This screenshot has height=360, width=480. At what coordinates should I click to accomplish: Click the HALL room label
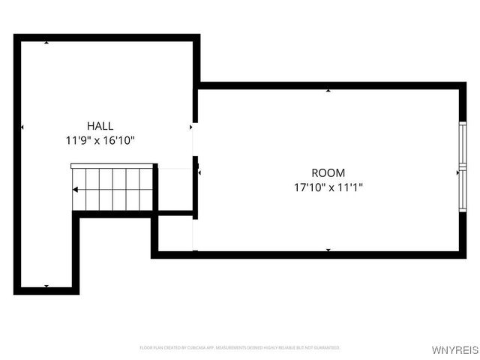pos(100,126)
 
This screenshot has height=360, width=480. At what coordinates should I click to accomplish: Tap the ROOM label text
pos(328,173)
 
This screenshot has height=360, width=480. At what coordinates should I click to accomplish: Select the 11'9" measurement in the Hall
pos(78,140)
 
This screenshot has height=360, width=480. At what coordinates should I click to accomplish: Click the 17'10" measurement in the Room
pos(307,187)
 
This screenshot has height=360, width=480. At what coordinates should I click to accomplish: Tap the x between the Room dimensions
pos(330,187)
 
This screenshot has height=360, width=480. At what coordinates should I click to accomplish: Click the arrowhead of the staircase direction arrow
pos(75,189)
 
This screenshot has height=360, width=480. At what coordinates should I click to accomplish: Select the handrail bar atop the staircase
pos(112,166)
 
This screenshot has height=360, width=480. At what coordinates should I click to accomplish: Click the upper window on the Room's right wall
pos(463,145)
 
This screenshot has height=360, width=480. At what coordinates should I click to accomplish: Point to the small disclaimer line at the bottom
pos(240,348)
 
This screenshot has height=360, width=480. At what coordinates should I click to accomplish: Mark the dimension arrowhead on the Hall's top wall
pos(46,42)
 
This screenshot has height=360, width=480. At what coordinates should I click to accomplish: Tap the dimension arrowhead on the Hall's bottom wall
pos(46,286)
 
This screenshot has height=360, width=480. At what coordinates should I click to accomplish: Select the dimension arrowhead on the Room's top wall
pos(328,90)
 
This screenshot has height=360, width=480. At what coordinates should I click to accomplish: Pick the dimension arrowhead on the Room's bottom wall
pos(328,250)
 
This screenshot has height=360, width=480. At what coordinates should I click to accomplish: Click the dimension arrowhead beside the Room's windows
pos(457,172)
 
